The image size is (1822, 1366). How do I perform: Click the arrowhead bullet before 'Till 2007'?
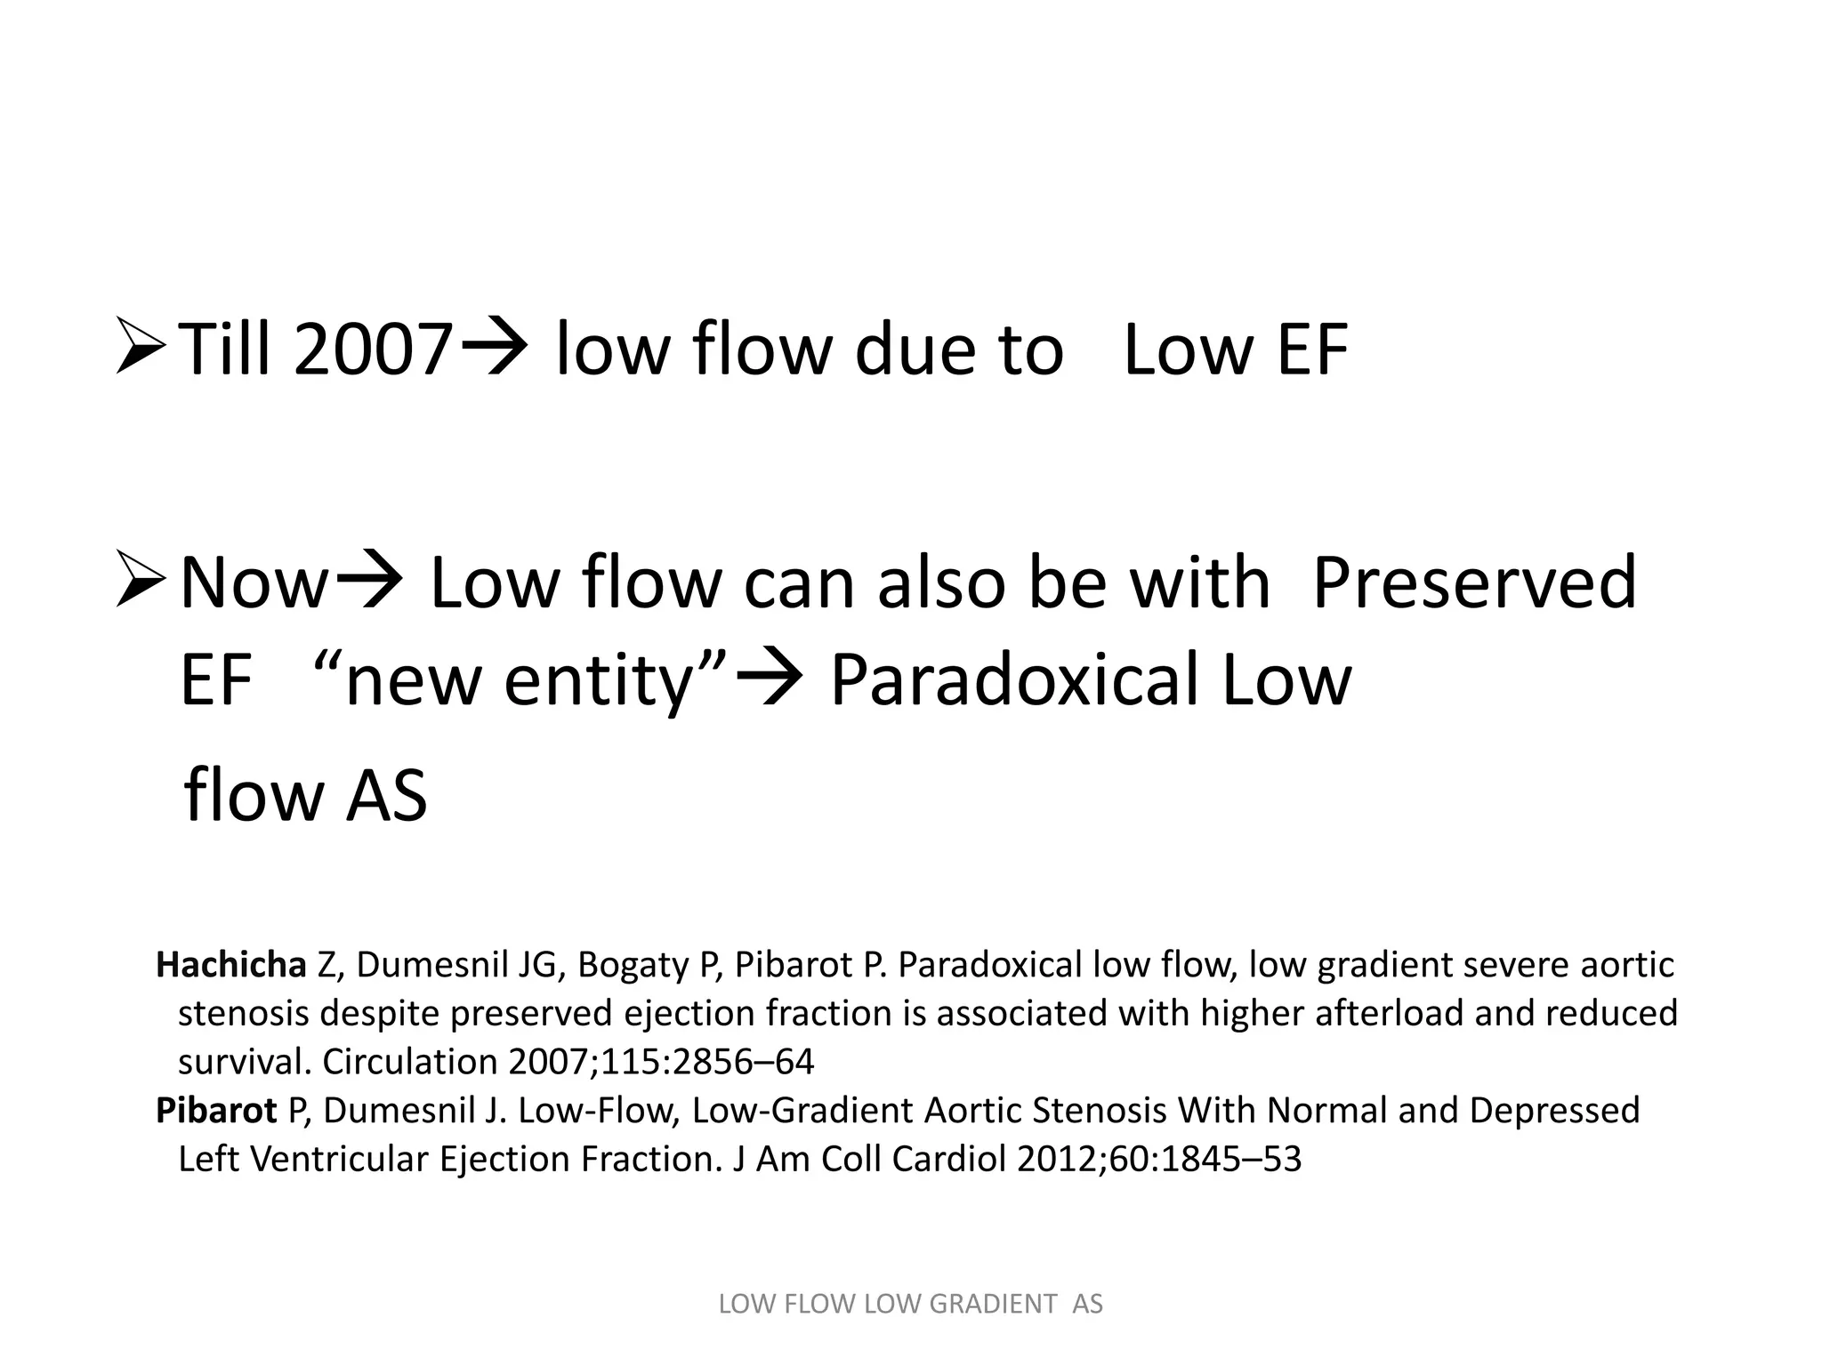coord(140,350)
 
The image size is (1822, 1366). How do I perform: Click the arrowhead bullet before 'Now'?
coord(140,583)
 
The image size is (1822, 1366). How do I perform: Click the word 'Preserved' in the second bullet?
coord(1473,583)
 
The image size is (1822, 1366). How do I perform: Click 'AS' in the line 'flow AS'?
coord(386,796)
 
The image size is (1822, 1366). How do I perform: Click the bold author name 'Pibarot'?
coord(216,1111)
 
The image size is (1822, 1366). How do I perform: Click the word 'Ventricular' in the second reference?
coord(343,1159)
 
